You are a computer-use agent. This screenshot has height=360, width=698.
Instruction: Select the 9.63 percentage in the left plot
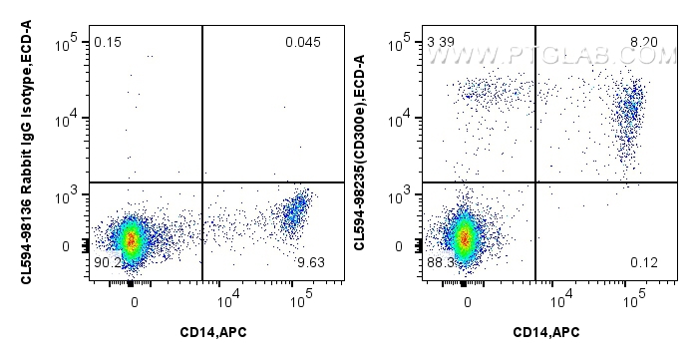coord(312,262)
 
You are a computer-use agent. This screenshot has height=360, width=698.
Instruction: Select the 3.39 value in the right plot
coord(440,42)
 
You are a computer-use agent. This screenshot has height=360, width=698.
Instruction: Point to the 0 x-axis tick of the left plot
coord(133,301)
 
